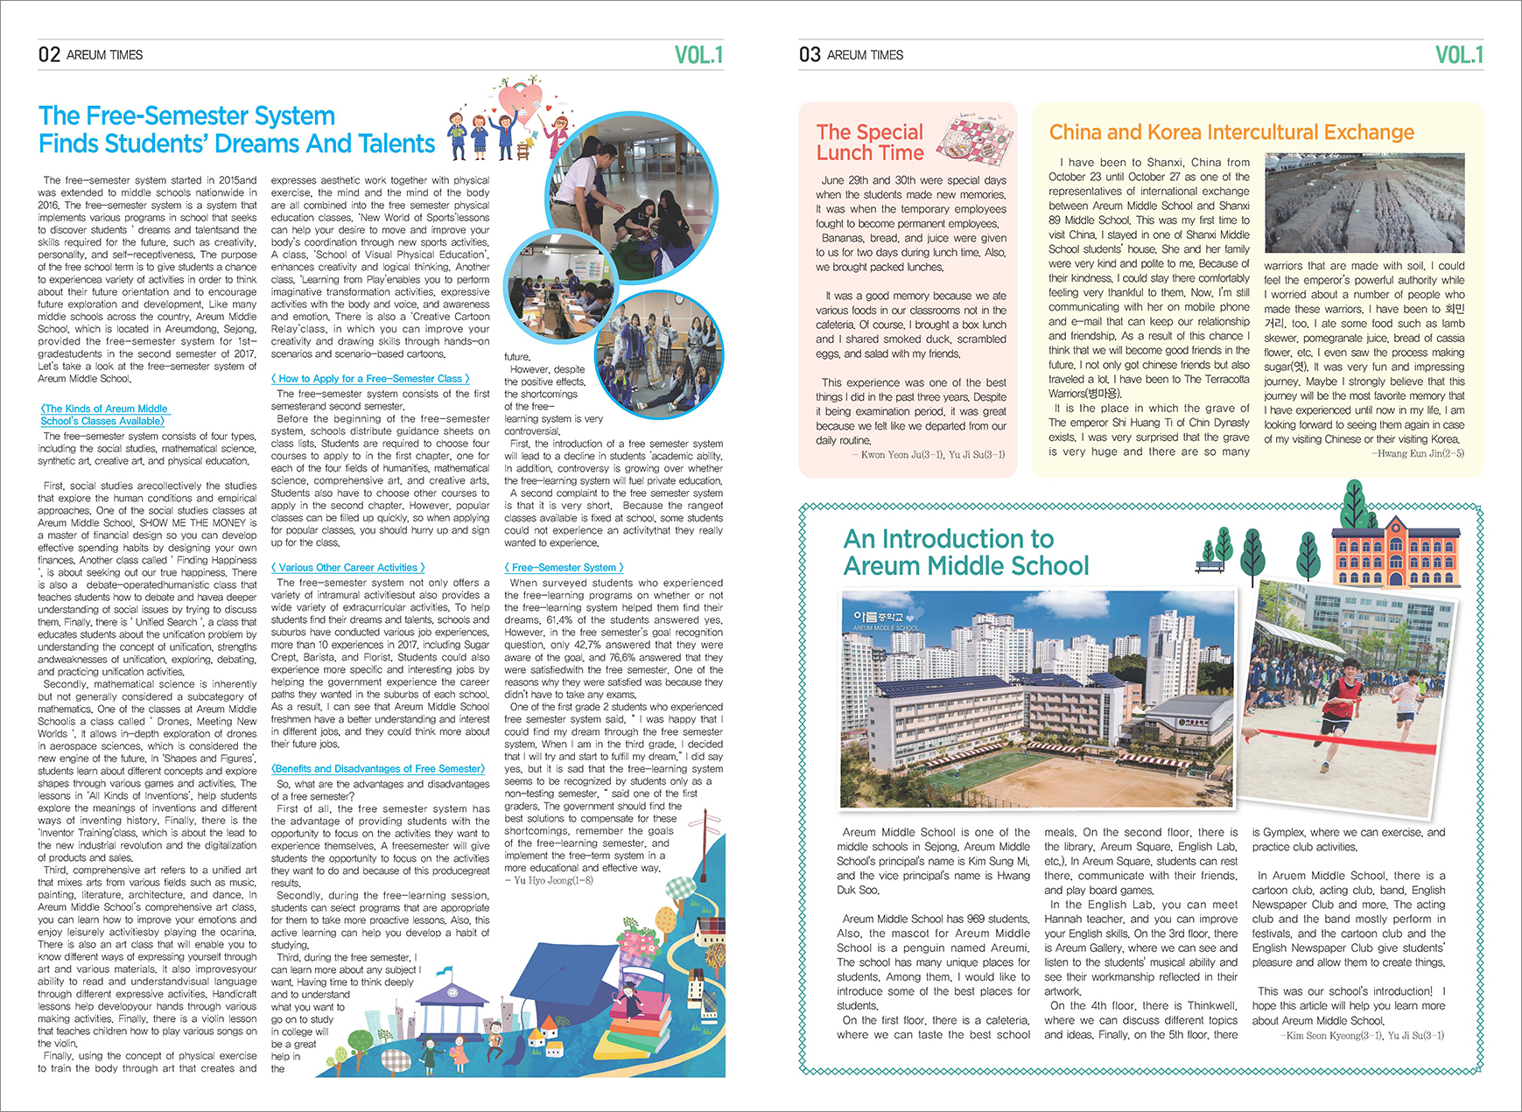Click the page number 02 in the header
point(49,54)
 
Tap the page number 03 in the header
point(810,54)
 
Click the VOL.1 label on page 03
point(1459,55)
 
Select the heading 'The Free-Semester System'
point(186,115)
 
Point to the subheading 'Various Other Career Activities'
point(348,568)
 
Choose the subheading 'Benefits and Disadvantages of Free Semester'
point(378,769)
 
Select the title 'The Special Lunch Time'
point(870,143)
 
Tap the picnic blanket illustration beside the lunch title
point(975,136)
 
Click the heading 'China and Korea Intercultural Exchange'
point(1231,132)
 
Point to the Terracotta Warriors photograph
point(1364,204)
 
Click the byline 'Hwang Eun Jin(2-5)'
point(1417,453)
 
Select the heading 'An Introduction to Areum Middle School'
point(965,552)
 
